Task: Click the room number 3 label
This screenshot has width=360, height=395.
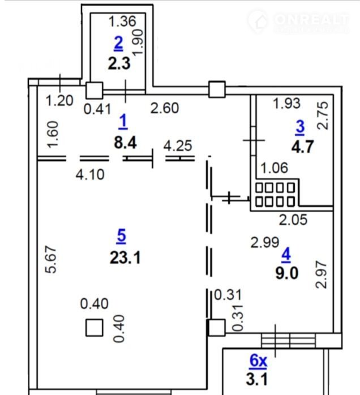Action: coord(299,127)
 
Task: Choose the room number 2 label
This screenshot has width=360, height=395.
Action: coord(118,42)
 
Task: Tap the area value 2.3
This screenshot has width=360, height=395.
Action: coord(119,62)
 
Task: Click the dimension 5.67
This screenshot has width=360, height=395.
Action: coord(50,260)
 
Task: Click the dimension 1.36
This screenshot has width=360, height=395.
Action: coord(123,23)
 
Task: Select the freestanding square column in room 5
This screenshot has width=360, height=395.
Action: coord(95,328)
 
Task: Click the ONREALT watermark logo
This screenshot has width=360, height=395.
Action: coord(303,23)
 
